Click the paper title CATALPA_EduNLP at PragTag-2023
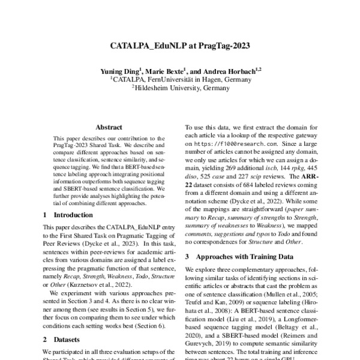coord(179,46)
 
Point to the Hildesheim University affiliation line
coord(180,88)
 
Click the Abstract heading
coord(108,127)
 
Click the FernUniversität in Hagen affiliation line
coord(180,79)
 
